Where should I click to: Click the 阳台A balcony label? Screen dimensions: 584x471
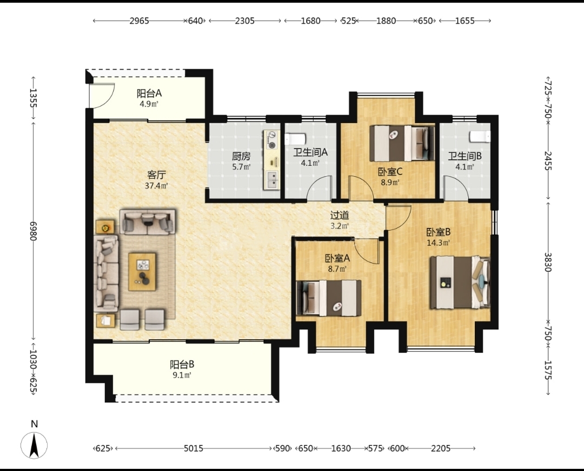[x=149, y=93]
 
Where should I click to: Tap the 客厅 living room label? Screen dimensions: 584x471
[x=156, y=174]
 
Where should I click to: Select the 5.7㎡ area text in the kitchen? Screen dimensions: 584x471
[x=241, y=167]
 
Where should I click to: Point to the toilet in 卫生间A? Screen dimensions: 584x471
[x=295, y=139]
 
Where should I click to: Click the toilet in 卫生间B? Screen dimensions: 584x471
[x=480, y=137]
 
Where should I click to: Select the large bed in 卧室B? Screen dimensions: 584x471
[x=460, y=282]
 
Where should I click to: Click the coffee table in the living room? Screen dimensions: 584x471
[x=142, y=272]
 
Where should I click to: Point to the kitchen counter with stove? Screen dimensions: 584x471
[x=272, y=160]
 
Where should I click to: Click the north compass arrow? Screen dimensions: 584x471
[x=34, y=445]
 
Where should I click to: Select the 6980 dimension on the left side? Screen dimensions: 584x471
[x=34, y=231]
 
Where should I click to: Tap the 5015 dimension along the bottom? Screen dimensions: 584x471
[x=194, y=448]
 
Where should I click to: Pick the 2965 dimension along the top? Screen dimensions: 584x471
[x=139, y=21]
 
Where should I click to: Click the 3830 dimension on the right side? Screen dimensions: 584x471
[x=548, y=262]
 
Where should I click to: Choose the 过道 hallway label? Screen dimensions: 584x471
[x=340, y=215]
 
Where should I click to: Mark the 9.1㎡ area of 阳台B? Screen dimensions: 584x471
[x=182, y=375]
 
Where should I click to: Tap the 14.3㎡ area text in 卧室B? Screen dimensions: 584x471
[x=439, y=243]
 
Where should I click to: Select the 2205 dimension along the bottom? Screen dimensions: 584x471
[x=441, y=448]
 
